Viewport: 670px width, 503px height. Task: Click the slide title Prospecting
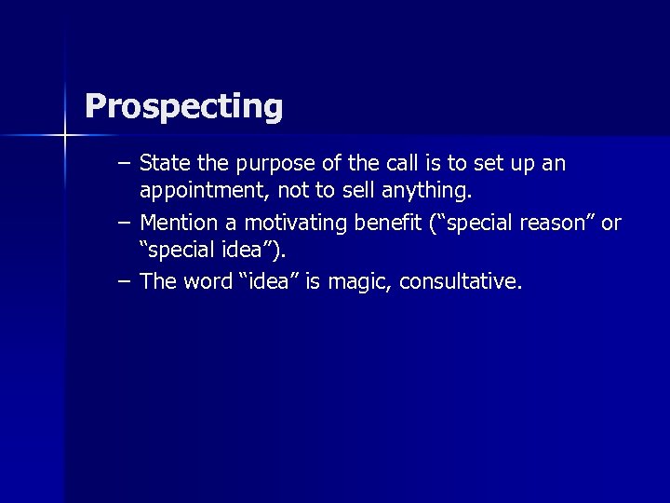(183, 107)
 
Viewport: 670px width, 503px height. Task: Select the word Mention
(175, 224)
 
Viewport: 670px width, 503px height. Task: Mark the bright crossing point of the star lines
(64, 136)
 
